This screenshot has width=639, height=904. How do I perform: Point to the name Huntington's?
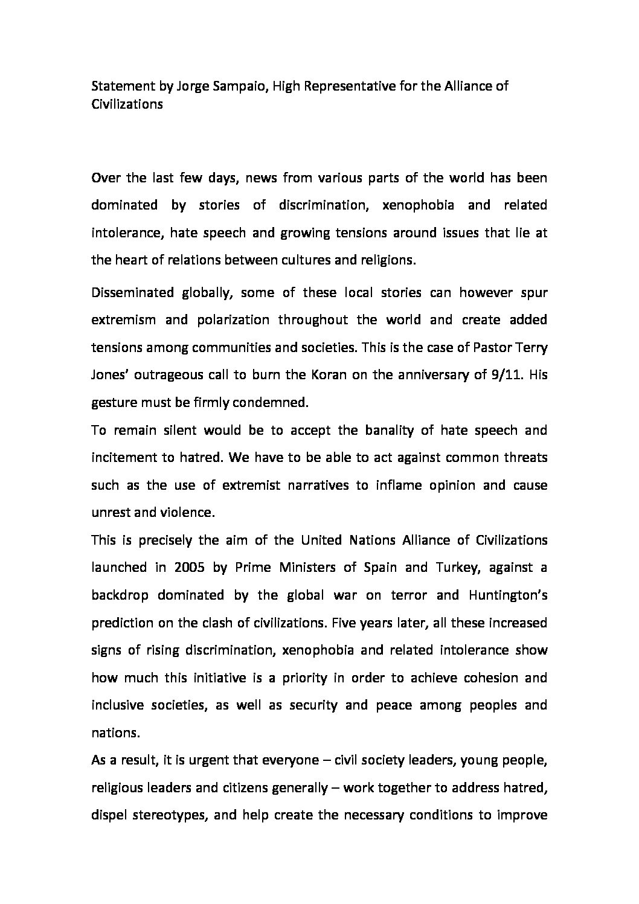coord(507,595)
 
